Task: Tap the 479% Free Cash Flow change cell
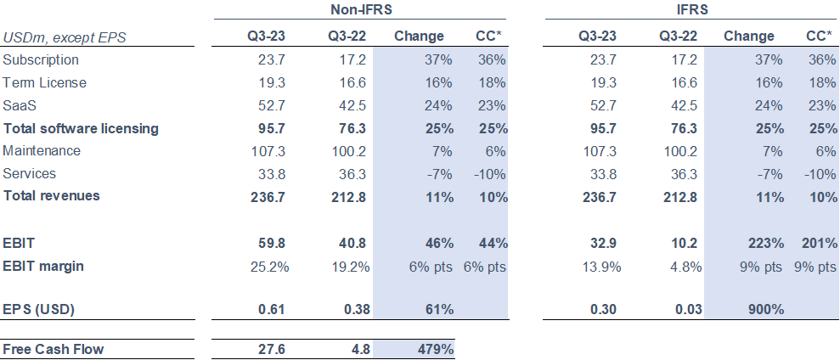tap(434, 349)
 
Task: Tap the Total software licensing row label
tap(81, 128)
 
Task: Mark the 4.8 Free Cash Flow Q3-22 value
tap(357, 349)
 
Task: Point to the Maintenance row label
tap(42, 150)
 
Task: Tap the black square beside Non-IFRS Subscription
tap(203, 59)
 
